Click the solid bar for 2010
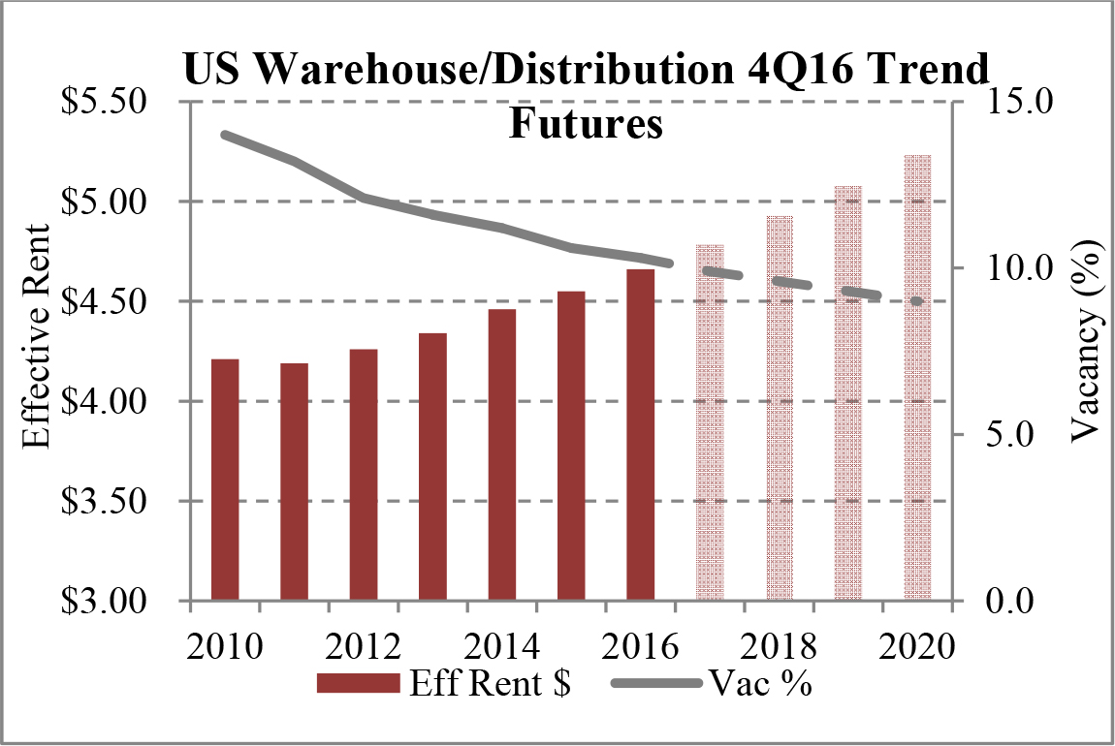tap(225, 480)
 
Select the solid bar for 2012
tap(364, 475)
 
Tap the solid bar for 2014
tap(502, 455)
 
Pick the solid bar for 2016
tap(640, 435)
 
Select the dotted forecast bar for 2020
tap(917, 378)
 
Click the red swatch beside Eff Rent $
tap(358, 684)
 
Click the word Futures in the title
tap(587, 124)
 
